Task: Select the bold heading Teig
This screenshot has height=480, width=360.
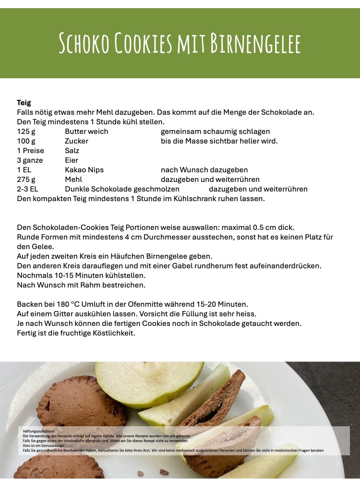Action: pos(24,103)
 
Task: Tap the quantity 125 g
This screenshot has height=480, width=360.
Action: pos(26,132)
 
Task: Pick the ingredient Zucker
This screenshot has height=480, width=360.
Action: pos(77,141)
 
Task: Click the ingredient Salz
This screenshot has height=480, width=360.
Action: pos(72,151)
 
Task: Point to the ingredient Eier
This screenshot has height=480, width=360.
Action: pos(72,160)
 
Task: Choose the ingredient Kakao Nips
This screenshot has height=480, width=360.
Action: pos(84,170)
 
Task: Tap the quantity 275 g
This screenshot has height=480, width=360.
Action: pos(26,180)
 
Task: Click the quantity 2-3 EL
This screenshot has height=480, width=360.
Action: pos(27,189)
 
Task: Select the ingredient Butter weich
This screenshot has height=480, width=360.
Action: pos(87,132)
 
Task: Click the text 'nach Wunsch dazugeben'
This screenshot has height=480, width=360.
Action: pos(204,170)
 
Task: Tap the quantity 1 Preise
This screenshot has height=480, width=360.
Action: pos(31,151)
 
